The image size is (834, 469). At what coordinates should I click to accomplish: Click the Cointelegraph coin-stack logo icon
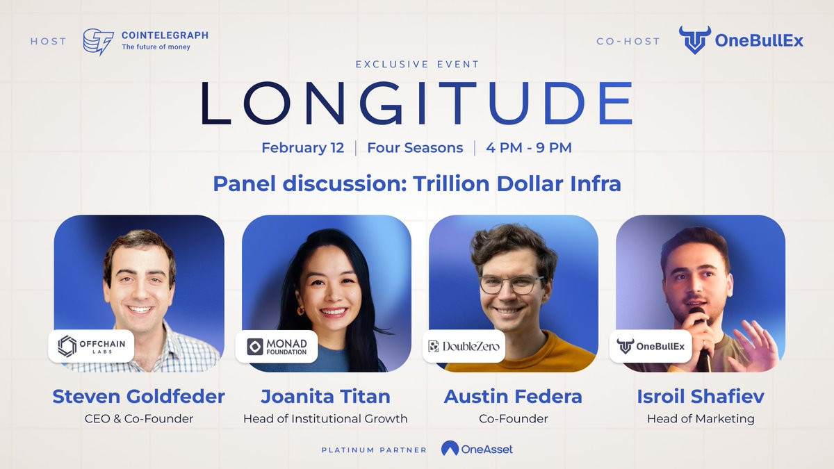(x=98, y=42)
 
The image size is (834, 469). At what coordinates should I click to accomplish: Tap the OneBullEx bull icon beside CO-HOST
(x=695, y=40)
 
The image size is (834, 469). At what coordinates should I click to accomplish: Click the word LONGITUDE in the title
(x=417, y=103)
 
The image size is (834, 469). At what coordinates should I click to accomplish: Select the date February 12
(x=303, y=148)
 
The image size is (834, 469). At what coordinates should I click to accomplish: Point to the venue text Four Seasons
(x=415, y=148)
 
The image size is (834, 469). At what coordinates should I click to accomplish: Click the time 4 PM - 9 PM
(x=529, y=148)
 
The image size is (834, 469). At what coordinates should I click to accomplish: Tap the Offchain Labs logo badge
(x=91, y=346)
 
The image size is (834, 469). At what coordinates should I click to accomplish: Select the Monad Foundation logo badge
(x=277, y=347)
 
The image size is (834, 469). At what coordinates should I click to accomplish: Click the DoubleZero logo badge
(x=464, y=346)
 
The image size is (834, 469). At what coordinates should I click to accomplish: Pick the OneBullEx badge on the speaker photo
(x=651, y=346)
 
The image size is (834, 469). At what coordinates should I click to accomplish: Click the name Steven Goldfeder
(x=138, y=397)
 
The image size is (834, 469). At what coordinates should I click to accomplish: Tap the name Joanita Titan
(x=325, y=397)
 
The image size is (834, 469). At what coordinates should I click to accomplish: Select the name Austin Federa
(x=513, y=397)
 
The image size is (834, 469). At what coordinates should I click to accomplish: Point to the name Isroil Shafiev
(x=701, y=397)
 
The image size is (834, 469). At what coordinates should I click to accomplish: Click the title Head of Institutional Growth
(x=325, y=419)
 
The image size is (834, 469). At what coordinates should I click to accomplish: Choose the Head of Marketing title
(x=701, y=419)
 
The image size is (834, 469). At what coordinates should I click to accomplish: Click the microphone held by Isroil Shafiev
(x=700, y=335)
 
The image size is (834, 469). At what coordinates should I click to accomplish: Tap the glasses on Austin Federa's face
(x=511, y=285)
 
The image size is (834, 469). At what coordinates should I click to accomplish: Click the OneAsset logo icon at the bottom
(x=450, y=448)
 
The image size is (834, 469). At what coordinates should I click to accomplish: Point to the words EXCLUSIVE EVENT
(x=417, y=65)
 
